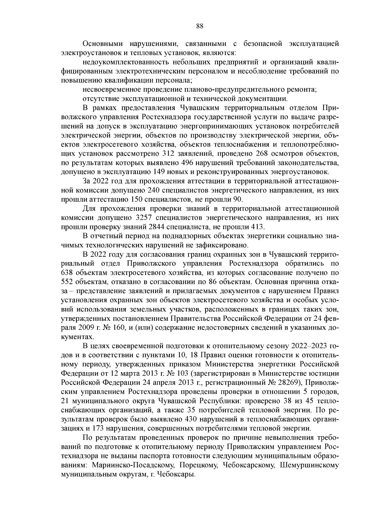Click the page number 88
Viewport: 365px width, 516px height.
200,26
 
